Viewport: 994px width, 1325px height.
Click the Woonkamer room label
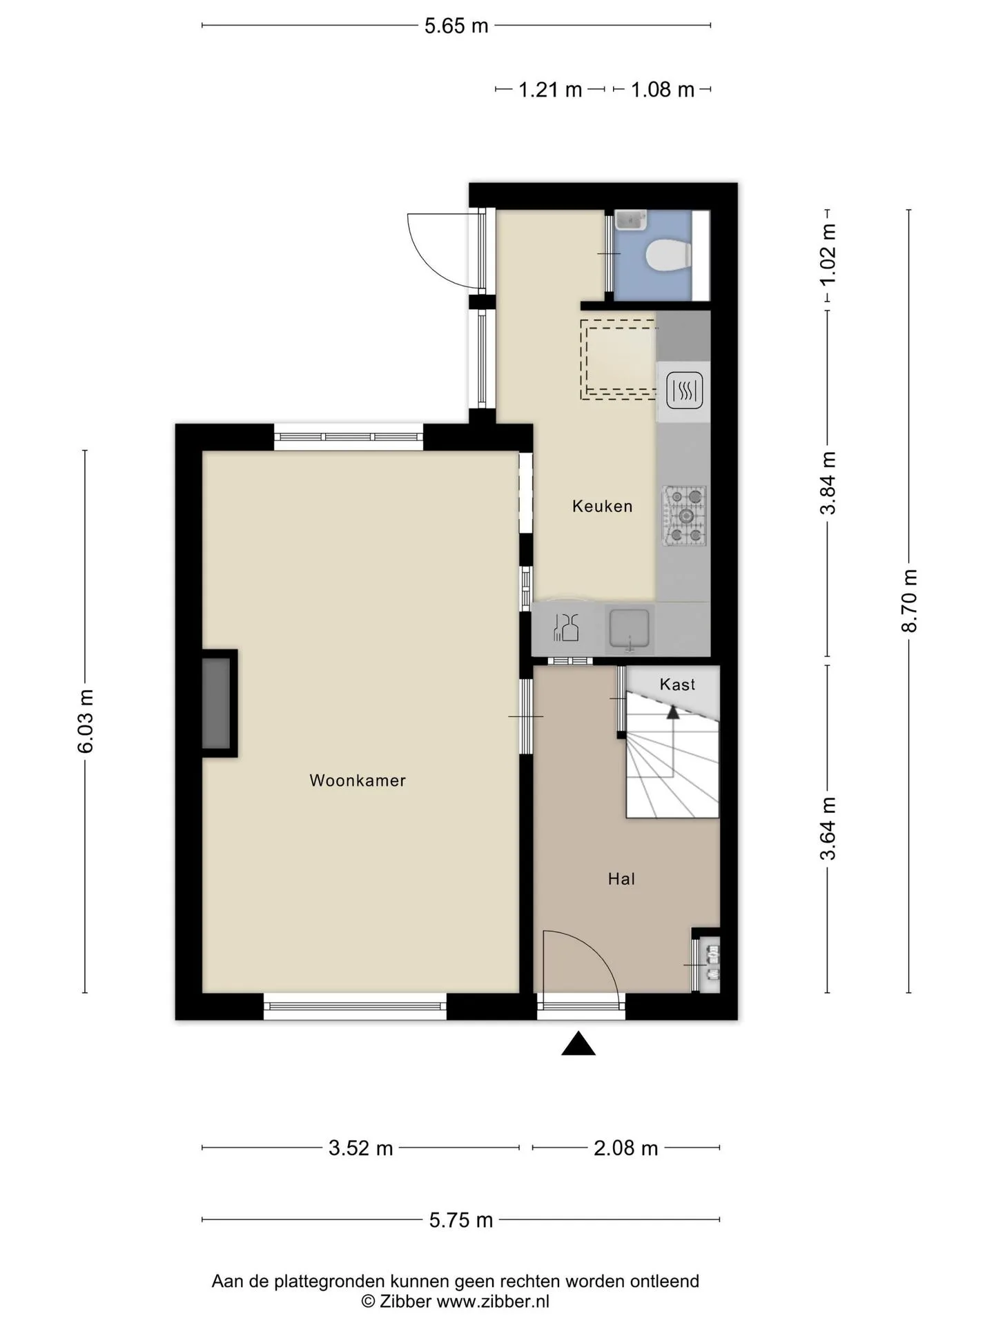[358, 781]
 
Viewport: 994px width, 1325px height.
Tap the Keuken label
[603, 507]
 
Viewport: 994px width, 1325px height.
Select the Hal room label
[621, 879]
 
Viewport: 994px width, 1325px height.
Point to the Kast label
[677, 685]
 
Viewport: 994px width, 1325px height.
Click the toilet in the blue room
[668, 255]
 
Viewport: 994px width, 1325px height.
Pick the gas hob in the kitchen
[685, 516]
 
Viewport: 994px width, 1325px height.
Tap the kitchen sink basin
[629, 629]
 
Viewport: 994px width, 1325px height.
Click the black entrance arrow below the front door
[578, 1043]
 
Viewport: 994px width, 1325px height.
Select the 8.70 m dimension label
[909, 600]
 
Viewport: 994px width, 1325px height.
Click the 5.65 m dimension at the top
[456, 26]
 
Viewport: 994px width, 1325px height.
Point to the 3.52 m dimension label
[360, 1148]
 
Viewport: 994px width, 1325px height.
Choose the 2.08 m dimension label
[626, 1148]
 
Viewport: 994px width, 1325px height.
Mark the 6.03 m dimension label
[85, 721]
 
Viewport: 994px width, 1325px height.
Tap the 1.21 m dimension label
[550, 90]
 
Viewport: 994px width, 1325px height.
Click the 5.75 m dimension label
[461, 1220]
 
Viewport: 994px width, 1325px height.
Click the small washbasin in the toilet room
[630, 220]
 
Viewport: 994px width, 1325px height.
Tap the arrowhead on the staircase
[672, 711]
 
